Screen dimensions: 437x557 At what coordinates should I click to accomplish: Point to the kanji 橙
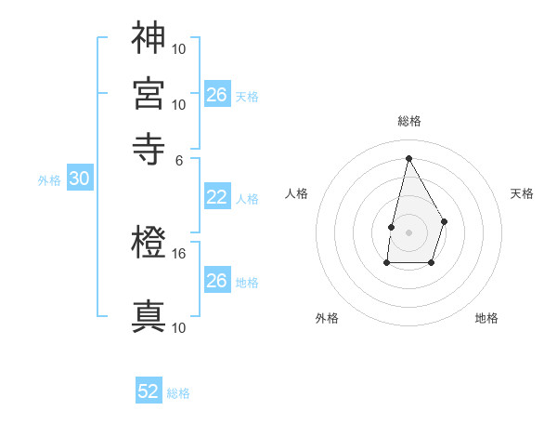tap(149, 245)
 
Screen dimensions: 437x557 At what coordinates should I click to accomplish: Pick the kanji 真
tap(149, 316)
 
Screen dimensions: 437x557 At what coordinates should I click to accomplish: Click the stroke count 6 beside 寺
tap(180, 159)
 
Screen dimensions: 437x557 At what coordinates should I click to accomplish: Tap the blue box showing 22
tap(216, 197)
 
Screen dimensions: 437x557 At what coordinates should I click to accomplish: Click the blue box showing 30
tap(79, 179)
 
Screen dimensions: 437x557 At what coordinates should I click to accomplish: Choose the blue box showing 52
tap(149, 391)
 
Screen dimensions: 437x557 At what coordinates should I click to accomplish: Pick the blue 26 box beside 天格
tap(216, 95)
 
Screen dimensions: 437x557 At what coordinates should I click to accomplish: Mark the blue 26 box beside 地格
tap(216, 281)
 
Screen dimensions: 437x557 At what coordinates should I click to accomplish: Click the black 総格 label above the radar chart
tap(408, 121)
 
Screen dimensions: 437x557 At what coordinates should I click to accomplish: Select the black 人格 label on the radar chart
tap(297, 193)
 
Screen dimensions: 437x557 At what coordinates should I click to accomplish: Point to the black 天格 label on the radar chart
tap(522, 193)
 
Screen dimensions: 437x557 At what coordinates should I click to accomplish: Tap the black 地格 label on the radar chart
tap(486, 318)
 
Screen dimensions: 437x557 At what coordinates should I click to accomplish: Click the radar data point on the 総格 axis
tap(408, 157)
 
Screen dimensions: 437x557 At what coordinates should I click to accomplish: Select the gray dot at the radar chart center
tap(408, 232)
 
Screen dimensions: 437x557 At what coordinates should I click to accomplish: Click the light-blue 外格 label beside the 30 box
tap(49, 180)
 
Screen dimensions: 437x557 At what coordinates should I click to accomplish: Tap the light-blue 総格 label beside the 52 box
tap(178, 393)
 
